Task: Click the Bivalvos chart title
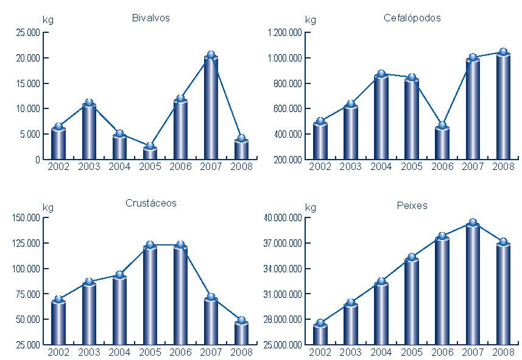click(150, 18)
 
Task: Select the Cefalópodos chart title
click(412, 18)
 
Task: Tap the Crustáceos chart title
click(150, 203)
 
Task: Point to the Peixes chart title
click(412, 205)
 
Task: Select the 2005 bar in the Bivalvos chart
click(150, 153)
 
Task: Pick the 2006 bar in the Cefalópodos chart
click(442, 143)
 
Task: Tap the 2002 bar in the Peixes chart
click(320, 334)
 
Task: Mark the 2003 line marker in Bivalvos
click(89, 102)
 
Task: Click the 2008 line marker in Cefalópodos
click(503, 52)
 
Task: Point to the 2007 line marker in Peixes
click(473, 222)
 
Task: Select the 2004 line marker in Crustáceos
click(119, 275)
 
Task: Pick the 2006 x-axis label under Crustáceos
click(180, 352)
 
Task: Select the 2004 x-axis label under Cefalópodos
click(381, 167)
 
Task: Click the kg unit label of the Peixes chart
click(310, 208)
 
